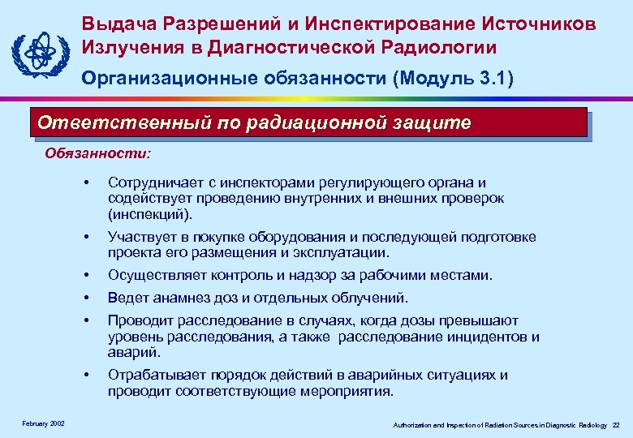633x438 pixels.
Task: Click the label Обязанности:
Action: tap(97, 152)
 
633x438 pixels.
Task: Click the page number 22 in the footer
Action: tap(616, 425)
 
